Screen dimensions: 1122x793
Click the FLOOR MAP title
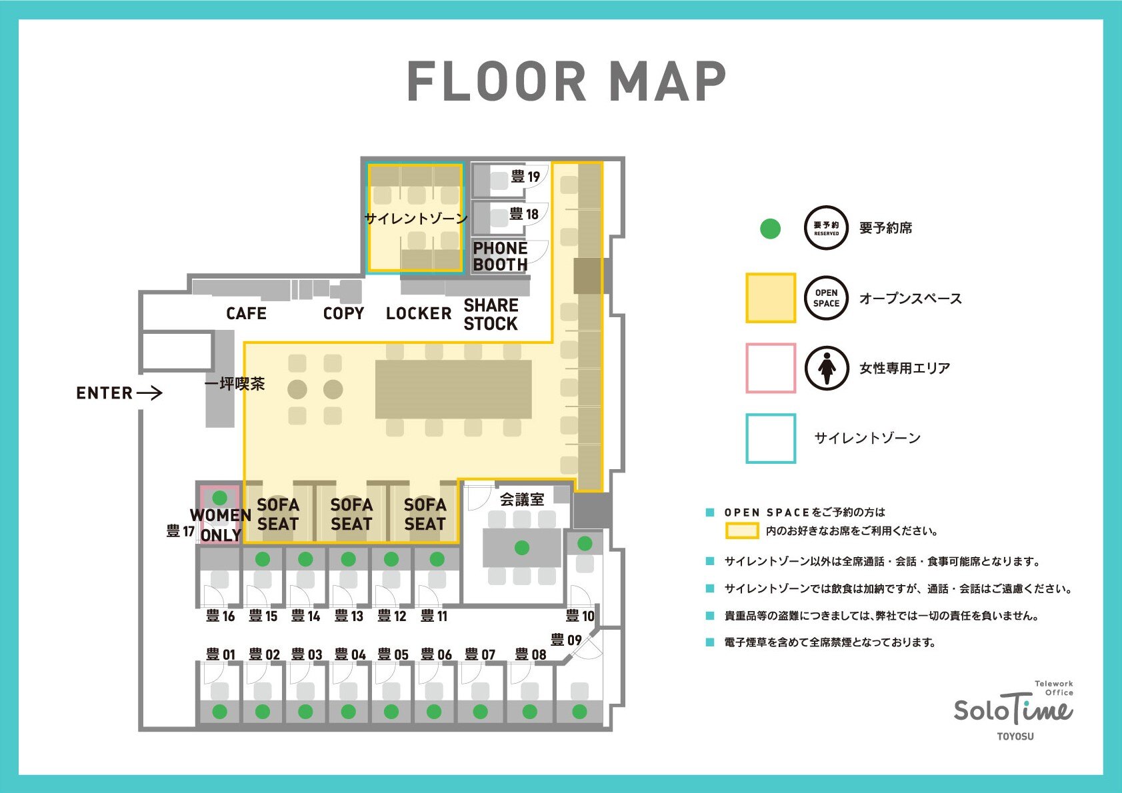click(x=567, y=81)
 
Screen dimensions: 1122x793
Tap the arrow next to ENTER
click(x=149, y=393)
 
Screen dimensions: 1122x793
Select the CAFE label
click(x=246, y=313)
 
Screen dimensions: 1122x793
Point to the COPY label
click(x=343, y=313)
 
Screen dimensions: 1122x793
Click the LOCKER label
click(x=419, y=313)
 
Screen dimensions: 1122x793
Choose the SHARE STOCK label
click(x=491, y=315)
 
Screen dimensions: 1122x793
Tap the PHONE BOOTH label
click(x=500, y=257)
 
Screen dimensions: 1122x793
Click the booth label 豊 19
click(x=525, y=176)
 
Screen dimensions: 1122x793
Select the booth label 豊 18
click(x=523, y=214)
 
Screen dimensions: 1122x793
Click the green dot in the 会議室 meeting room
click(x=522, y=548)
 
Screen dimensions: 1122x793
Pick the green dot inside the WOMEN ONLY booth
click(x=220, y=498)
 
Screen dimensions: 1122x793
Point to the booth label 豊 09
click(x=566, y=640)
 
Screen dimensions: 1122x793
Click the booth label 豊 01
click(x=221, y=654)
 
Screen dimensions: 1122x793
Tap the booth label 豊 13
click(x=349, y=616)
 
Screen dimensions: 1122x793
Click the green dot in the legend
click(x=771, y=229)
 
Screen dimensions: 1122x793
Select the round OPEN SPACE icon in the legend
click(x=827, y=298)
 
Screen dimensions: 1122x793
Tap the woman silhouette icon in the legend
click(x=827, y=368)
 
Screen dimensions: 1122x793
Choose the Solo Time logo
click(x=1013, y=710)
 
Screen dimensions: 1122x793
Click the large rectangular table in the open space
click(x=453, y=389)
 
